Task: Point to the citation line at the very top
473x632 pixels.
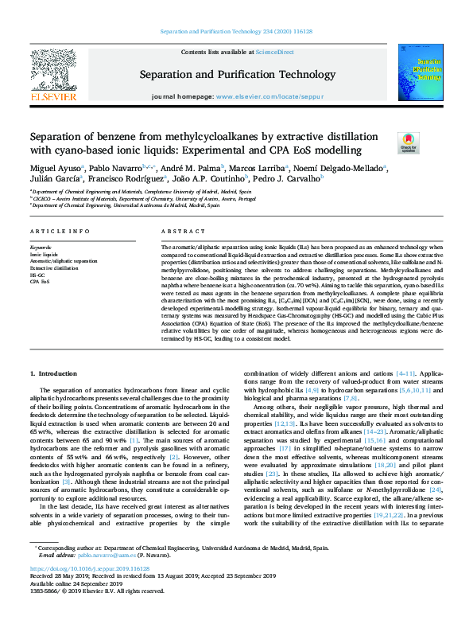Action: click(236, 32)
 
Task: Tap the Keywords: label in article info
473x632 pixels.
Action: click(40, 248)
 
